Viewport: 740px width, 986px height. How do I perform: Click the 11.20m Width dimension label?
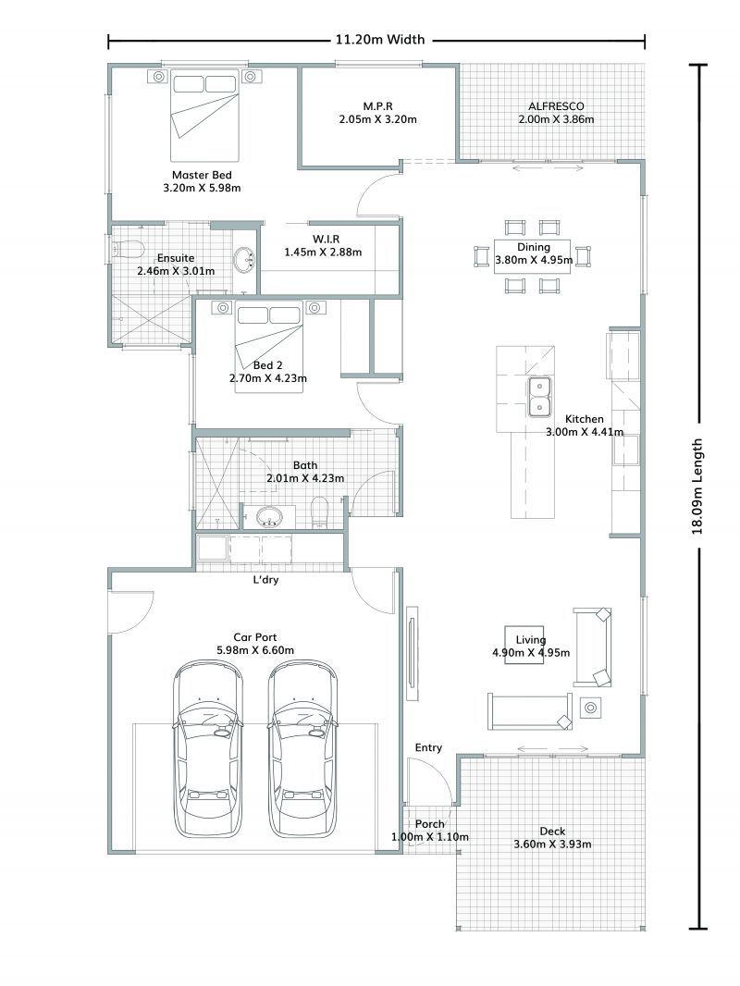coord(380,40)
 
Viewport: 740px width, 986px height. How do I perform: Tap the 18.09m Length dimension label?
coord(697,487)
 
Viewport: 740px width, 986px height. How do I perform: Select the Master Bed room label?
coord(202,175)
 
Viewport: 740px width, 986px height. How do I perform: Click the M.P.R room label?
coord(377,106)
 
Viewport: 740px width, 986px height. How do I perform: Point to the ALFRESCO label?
coord(556,106)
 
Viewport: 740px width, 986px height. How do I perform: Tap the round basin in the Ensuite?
coord(244,260)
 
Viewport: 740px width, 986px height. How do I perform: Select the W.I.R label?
coord(326,239)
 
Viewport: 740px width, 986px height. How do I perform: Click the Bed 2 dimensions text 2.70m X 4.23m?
coord(268,378)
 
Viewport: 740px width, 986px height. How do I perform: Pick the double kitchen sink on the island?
coord(539,397)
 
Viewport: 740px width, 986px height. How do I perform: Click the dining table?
coord(533,256)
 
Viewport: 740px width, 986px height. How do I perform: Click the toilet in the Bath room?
coord(320,511)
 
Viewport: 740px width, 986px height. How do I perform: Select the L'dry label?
coord(265,579)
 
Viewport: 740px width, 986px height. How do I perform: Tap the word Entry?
coord(428,747)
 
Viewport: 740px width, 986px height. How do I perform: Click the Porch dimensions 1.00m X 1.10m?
coord(430,837)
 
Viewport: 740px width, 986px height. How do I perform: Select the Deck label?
coord(552,832)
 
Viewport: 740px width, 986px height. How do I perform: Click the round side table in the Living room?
coord(590,709)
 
